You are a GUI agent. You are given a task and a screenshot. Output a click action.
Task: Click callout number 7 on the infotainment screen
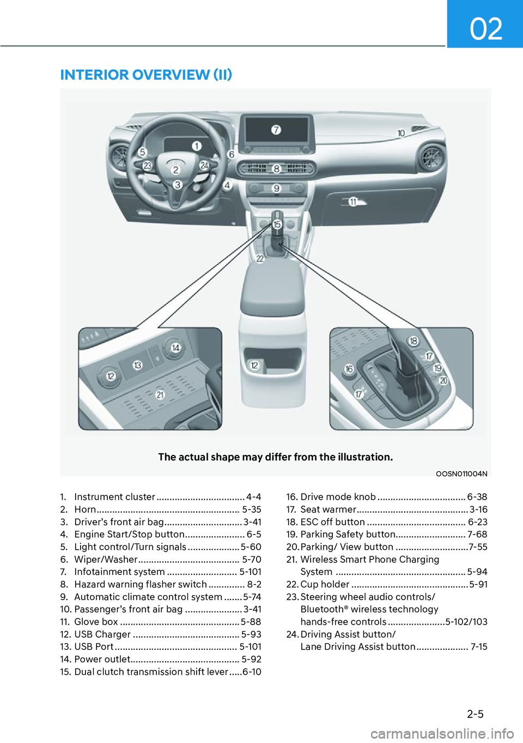tap(276, 130)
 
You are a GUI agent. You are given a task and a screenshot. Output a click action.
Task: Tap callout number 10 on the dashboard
tap(401, 133)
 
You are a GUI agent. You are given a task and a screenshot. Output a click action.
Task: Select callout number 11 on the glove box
tap(353, 202)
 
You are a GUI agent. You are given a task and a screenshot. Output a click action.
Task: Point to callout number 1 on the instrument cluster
tap(196, 146)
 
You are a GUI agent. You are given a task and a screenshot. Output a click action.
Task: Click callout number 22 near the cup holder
tap(260, 259)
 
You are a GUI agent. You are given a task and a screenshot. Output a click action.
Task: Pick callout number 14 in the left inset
tap(175, 348)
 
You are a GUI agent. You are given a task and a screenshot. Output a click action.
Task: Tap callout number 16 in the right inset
tap(349, 369)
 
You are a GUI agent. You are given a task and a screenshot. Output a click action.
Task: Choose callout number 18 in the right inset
tap(413, 341)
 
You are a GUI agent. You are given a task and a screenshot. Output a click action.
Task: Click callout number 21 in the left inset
tap(160, 395)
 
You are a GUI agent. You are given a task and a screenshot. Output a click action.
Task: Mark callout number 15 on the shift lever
tap(277, 224)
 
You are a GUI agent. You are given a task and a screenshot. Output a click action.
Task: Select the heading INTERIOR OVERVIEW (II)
tap(146, 75)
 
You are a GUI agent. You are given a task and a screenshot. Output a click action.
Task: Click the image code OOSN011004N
tap(461, 474)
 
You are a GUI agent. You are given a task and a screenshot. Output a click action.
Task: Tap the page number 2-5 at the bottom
tap(475, 714)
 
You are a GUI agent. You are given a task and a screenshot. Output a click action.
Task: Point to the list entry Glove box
tap(96, 622)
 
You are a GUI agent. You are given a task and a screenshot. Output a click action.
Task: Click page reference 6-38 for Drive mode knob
tap(477, 497)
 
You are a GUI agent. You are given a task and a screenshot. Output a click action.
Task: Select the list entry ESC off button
tap(332, 522)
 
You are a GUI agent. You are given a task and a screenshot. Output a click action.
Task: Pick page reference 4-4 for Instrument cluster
tap(253, 497)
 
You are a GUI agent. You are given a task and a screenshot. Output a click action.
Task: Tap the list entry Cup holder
tap(325, 584)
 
